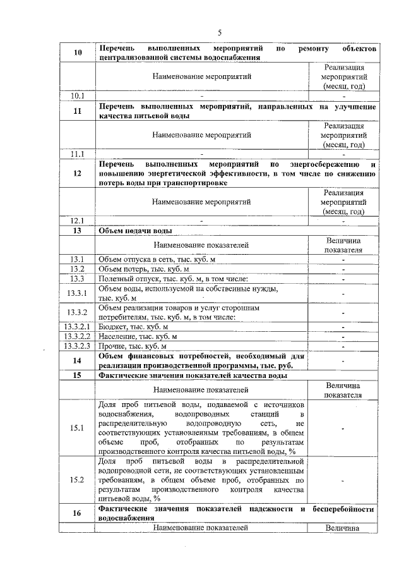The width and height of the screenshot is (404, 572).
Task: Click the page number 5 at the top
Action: [220, 32]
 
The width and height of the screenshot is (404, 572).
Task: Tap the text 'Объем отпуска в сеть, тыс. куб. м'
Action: [157, 259]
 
